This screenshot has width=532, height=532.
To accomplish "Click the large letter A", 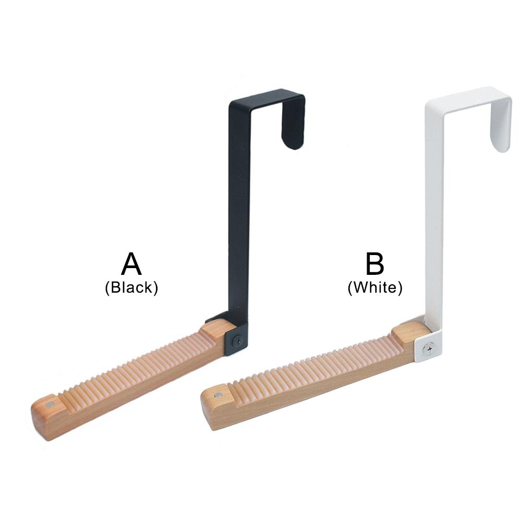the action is coord(131,264).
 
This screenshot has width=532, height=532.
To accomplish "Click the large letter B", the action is coord(374,263).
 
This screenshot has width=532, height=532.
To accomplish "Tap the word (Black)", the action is coord(131,288).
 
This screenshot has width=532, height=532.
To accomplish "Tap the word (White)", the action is coord(375,288).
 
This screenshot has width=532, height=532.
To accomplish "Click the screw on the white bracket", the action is coord(429,348).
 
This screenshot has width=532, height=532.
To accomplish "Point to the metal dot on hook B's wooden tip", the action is coord(217,395).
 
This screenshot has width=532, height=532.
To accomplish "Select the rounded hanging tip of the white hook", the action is coord(501,139).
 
